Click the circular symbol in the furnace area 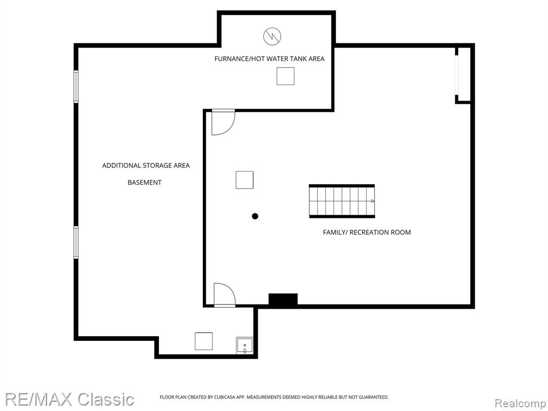tap(272, 36)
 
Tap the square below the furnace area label tap(285, 76)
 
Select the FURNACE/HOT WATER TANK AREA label tap(269, 59)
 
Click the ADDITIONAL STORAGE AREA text tap(146, 165)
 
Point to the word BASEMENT tap(144, 182)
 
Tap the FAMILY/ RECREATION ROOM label tap(367, 232)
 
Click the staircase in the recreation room tap(342, 201)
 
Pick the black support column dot tap(255, 216)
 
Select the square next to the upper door tap(244, 180)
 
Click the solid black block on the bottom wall tap(283, 300)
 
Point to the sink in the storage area tap(244, 345)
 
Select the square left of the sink tap(203, 341)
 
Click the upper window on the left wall tap(75, 86)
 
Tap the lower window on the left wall tap(75, 242)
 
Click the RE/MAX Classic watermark tap(70, 399)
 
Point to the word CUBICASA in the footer tap(225, 397)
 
